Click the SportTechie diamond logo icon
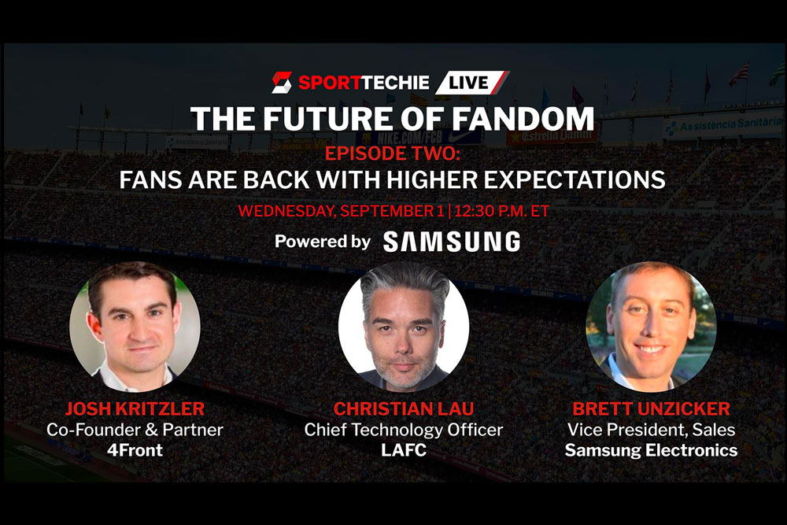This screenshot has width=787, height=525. (x=282, y=83)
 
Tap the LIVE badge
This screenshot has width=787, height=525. (x=471, y=83)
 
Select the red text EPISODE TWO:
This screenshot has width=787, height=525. (x=393, y=153)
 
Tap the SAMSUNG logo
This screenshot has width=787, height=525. (x=452, y=242)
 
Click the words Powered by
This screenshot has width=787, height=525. (x=323, y=242)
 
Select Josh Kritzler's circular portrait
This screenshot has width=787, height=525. (x=135, y=327)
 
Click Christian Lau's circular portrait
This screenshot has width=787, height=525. (x=404, y=327)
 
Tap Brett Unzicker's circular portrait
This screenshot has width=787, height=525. (x=651, y=327)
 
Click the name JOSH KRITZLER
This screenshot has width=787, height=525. (x=135, y=409)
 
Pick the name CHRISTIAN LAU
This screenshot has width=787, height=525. (x=404, y=409)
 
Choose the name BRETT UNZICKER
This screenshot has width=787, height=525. (x=651, y=409)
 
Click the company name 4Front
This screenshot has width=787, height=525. (x=135, y=450)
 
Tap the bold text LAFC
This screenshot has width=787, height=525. (x=404, y=450)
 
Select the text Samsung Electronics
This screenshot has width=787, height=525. (x=651, y=450)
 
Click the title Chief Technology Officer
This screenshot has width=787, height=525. (x=404, y=430)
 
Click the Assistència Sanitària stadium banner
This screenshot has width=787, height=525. (x=722, y=125)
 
